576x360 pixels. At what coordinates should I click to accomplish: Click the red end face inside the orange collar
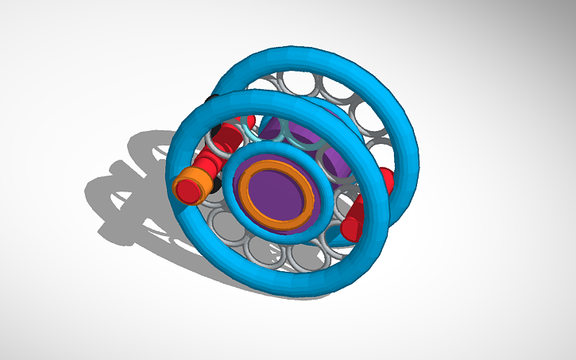(x=188, y=190)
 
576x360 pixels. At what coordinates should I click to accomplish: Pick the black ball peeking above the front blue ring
(x=212, y=100)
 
